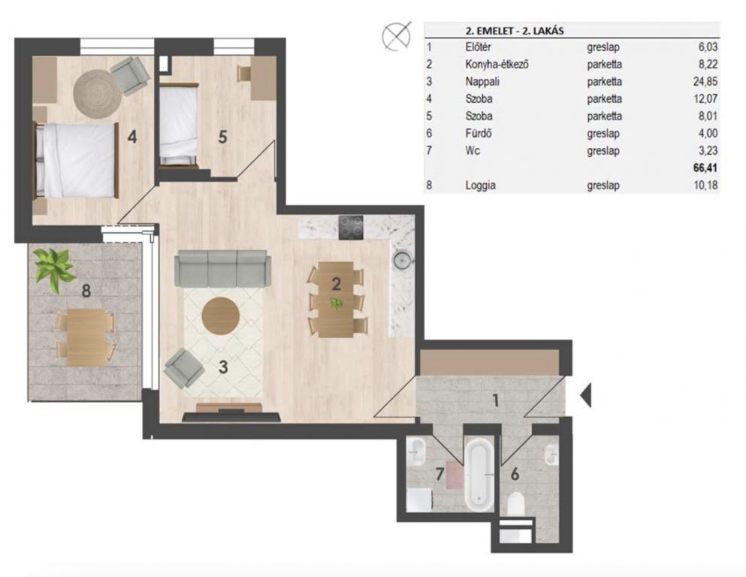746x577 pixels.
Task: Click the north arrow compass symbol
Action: [x=397, y=35]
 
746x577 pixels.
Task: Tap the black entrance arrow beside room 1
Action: [x=586, y=394]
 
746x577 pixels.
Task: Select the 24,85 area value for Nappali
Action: [x=705, y=81]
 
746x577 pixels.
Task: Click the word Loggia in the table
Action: [x=480, y=185]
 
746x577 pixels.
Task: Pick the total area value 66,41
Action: [x=705, y=168]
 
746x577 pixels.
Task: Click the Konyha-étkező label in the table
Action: [x=497, y=64]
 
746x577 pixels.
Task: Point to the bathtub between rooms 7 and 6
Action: [x=481, y=475]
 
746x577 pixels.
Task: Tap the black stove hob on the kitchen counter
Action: [x=351, y=228]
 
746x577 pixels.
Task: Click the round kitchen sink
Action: [x=402, y=260]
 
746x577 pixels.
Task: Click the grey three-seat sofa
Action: [x=222, y=269]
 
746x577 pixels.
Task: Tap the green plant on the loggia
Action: [x=54, y=268]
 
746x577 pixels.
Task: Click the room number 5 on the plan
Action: [x=222, y=137]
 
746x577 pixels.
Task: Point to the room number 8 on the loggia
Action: [x=86, y=290]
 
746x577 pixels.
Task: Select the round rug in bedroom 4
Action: [x=98, y=92]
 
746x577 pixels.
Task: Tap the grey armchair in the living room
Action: [x=184, y=367]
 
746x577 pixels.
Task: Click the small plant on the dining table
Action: [x=337, y=303]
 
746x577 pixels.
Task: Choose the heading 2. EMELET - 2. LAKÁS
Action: [x=515, y=31]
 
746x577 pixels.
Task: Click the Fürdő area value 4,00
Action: [x=708, y=133]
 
